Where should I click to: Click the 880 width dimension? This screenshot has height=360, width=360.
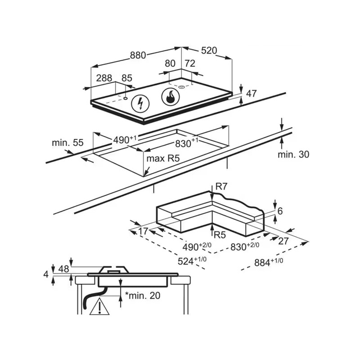[x=138, y=55]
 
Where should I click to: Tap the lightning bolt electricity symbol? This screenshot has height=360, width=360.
[x=140, y=104]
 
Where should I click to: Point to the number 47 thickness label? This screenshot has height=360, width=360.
[x=252, y=94]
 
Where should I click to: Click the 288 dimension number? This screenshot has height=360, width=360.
[x=104, y=78]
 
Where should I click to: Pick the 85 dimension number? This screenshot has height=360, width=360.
[x=127, y=78]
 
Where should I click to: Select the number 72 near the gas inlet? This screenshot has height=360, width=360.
[x=190, y=64]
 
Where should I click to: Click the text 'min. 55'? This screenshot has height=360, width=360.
[x=67, y=143]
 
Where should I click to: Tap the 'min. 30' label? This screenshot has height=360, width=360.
[x=293, y=154]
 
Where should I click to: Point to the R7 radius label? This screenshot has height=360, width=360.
[x=221, y=186]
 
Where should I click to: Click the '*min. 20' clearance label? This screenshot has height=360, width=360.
[x=143, y=296]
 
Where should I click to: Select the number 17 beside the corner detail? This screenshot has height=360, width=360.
[x=143, y=231]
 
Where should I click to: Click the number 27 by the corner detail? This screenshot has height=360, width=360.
[x=283, y=241]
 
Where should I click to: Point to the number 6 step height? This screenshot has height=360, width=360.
[x=280, y=211]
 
